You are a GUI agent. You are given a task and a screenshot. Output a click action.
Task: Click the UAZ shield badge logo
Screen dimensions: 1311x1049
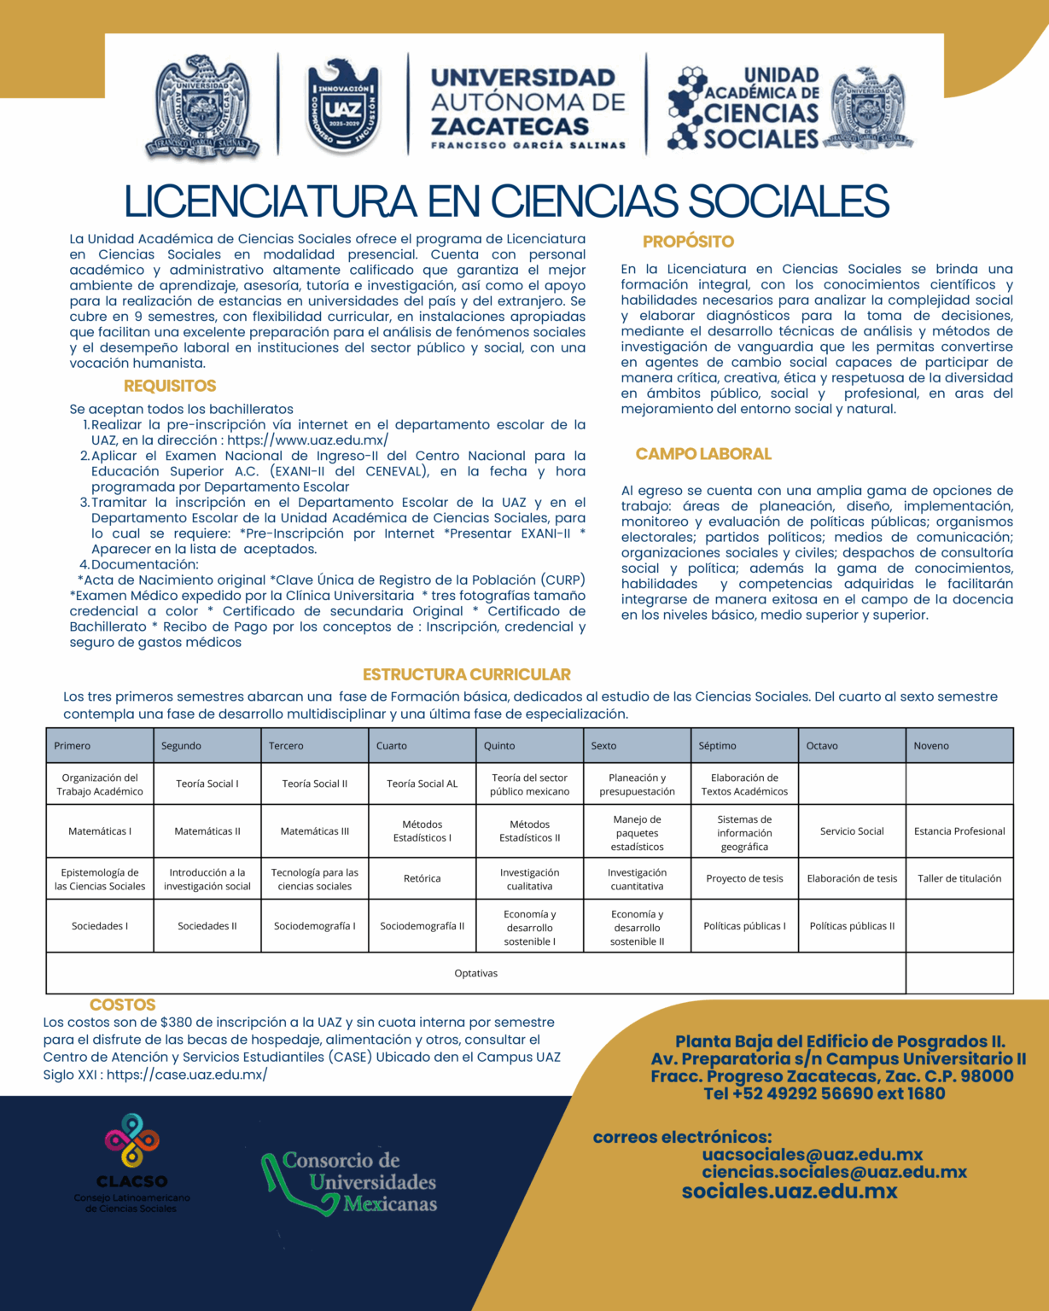[342, 106]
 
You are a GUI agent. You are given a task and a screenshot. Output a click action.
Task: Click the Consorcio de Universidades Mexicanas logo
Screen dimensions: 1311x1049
[350, 1182]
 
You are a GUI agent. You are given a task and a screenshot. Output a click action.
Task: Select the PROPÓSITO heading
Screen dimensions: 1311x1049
[688, 242]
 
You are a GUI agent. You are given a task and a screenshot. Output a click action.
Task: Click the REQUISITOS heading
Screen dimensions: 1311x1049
[170, 386]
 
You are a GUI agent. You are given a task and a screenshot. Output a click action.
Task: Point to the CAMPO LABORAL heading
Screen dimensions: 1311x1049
[703, 454]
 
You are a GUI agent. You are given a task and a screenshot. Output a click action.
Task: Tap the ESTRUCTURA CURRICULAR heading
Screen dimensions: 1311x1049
[467, 674]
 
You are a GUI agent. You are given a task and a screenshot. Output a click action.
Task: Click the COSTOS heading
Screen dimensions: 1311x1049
[122, 1005]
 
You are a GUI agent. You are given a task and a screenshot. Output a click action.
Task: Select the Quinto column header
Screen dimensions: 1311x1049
[499, 745]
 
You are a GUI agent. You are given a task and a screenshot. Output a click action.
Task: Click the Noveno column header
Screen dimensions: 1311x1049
[931, 745]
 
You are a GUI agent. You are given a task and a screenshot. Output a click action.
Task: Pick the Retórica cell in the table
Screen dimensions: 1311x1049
[423, 878]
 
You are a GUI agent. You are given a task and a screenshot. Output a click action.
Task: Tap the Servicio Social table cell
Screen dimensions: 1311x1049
[852, 830]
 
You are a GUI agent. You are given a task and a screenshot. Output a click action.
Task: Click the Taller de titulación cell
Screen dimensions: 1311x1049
[959, 878]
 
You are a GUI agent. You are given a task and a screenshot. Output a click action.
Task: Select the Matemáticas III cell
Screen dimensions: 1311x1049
[315, 830]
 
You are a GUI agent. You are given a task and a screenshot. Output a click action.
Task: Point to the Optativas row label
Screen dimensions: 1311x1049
[476, 973]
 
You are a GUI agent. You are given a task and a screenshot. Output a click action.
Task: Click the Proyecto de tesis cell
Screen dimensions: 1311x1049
[744, 878]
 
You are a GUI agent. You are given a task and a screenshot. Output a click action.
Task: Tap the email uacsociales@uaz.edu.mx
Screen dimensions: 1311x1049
[813, 1155]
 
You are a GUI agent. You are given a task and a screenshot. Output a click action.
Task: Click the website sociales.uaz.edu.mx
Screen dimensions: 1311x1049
[790, 1192]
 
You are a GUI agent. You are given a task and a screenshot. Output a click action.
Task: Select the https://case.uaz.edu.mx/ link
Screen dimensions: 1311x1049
[187, 1075]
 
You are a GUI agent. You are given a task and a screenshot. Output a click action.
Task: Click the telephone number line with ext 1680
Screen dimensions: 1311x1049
[825, 1093]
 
